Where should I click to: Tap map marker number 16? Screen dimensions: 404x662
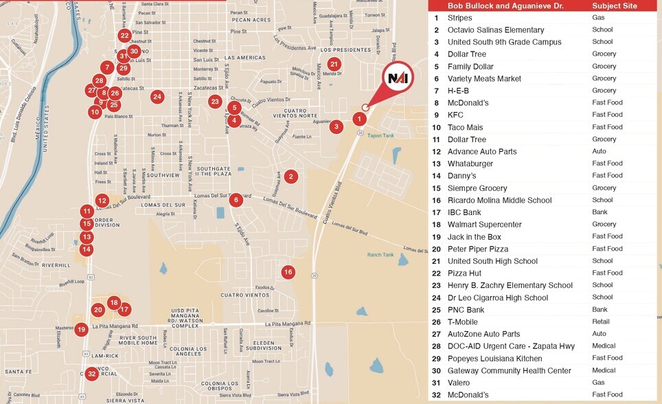coord(288,272)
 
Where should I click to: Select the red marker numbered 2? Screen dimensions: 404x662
coord(290,177)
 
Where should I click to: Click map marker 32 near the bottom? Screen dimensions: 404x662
coord(91,374)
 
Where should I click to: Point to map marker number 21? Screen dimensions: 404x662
coord(334,65)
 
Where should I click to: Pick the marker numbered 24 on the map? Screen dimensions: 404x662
coord(157,97)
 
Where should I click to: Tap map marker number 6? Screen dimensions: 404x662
coord(236,200)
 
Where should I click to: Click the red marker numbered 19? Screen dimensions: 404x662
coord(81,330)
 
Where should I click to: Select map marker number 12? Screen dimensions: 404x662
coord(102,201)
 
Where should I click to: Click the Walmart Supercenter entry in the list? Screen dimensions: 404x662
coord(484,225)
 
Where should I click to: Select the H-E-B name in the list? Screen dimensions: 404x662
coord(458,91)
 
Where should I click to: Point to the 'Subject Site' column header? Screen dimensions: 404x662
coord(615,6)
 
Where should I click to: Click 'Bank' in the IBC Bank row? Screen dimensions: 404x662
coord(600,212)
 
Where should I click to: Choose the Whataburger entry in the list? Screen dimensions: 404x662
coord(470,164)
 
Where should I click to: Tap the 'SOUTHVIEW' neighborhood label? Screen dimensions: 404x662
coord(162,175)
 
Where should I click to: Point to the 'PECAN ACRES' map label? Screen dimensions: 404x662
coord(251,20)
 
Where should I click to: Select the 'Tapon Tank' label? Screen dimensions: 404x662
coord(380,136)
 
